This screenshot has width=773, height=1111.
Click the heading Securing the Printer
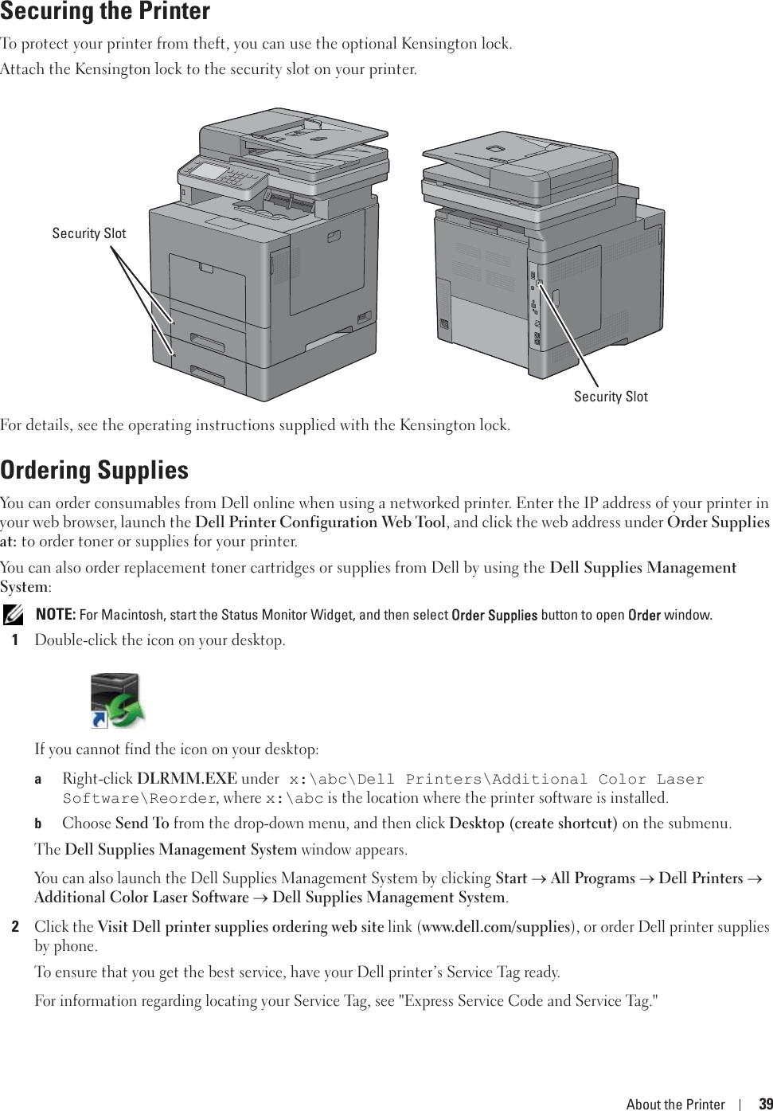coord(105,12)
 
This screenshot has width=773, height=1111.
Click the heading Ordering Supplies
coord(95,470)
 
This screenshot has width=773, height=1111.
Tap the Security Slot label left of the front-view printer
coord(89,233)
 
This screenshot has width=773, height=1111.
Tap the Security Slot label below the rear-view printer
coord(611,397)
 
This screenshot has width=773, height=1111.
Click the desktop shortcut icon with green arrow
coord(117,700)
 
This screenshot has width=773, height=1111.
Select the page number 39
coord(765,1104)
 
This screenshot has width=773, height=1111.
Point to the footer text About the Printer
coord(675,1104)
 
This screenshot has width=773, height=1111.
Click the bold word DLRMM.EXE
coord(187,779)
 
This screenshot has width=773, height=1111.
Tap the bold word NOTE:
coord(56,615)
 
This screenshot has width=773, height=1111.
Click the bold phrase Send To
coord(142,823)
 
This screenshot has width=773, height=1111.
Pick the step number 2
coord(15,927)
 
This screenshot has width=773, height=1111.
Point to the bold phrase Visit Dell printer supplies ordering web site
coord(240,927)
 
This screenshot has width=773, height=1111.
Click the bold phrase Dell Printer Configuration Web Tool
coord(320,522)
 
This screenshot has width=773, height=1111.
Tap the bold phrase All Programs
coord(592,878)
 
